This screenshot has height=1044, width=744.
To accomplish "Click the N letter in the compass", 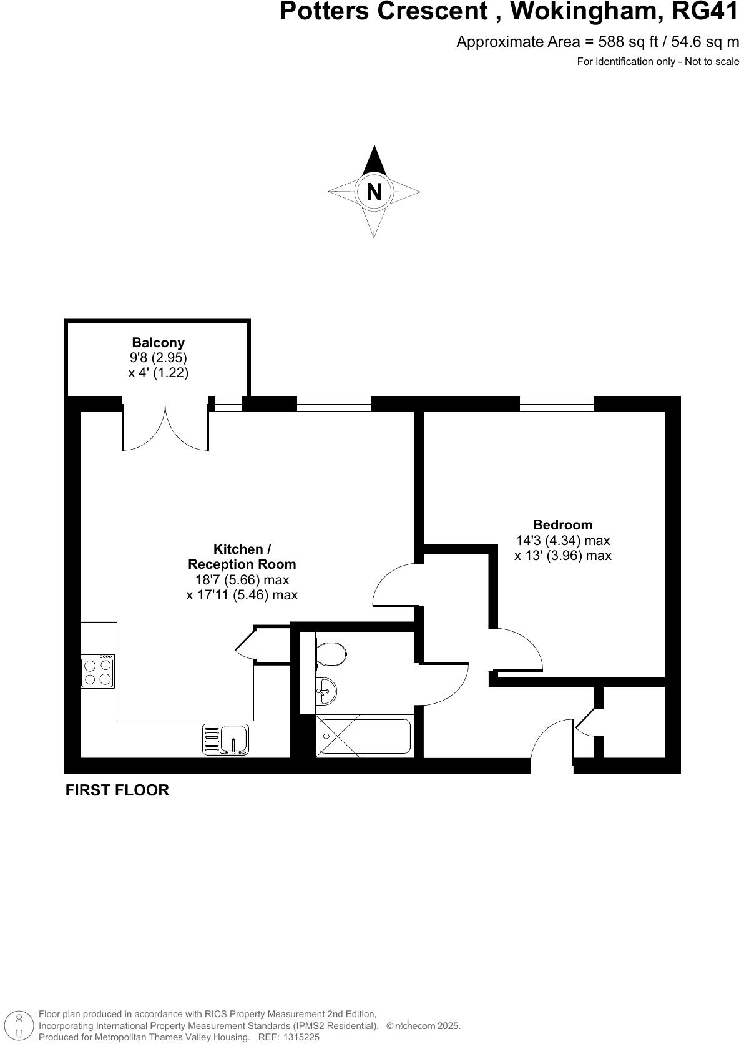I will coord(373,191).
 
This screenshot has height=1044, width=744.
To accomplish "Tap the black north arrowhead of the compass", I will coord(373,161).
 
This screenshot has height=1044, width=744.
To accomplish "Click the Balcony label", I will coord(158,342).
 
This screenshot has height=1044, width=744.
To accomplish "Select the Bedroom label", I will coord(562,524).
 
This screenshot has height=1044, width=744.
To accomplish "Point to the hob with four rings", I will coord(98,672).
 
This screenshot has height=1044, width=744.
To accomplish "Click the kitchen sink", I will coord(225,739).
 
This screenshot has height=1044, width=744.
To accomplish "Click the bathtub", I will coord(365,737).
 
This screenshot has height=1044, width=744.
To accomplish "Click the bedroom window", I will coord(556,404).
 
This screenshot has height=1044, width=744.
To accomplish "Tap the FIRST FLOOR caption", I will coord(117,790).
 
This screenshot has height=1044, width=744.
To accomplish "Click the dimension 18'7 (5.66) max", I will coord(242,579).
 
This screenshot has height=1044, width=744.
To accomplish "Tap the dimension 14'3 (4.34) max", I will coord(562,540).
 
